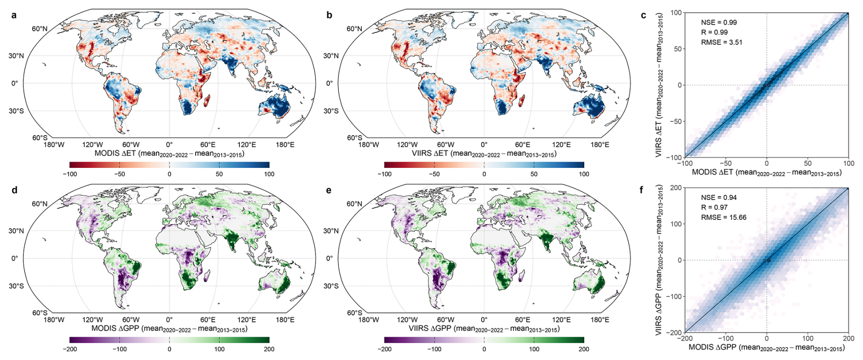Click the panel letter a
click(x=14, y=15)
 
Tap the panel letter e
click(x=329, y=190)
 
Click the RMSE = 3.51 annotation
click(x=722, y=42)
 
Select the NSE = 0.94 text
click(x=719, y=198)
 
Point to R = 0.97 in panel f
click(x=714, y=208)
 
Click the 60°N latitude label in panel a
click(x=40, y=29)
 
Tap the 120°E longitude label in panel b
click(x=561, y=145)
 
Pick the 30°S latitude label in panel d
click(x=16, y=286)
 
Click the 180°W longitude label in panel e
click(x=369, y=320)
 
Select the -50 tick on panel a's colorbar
click(x=120, y=174)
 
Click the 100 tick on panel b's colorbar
click(x=584, y=174)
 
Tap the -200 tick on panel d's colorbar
click(x=70, y=349)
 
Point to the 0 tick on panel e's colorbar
click(x=484, y=349)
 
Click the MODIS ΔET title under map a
click(x=169, y=154)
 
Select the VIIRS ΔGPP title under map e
click(x=484, y=329)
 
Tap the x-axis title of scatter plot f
click(x=766, y=348)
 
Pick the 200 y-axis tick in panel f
click(x=676, y=188)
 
